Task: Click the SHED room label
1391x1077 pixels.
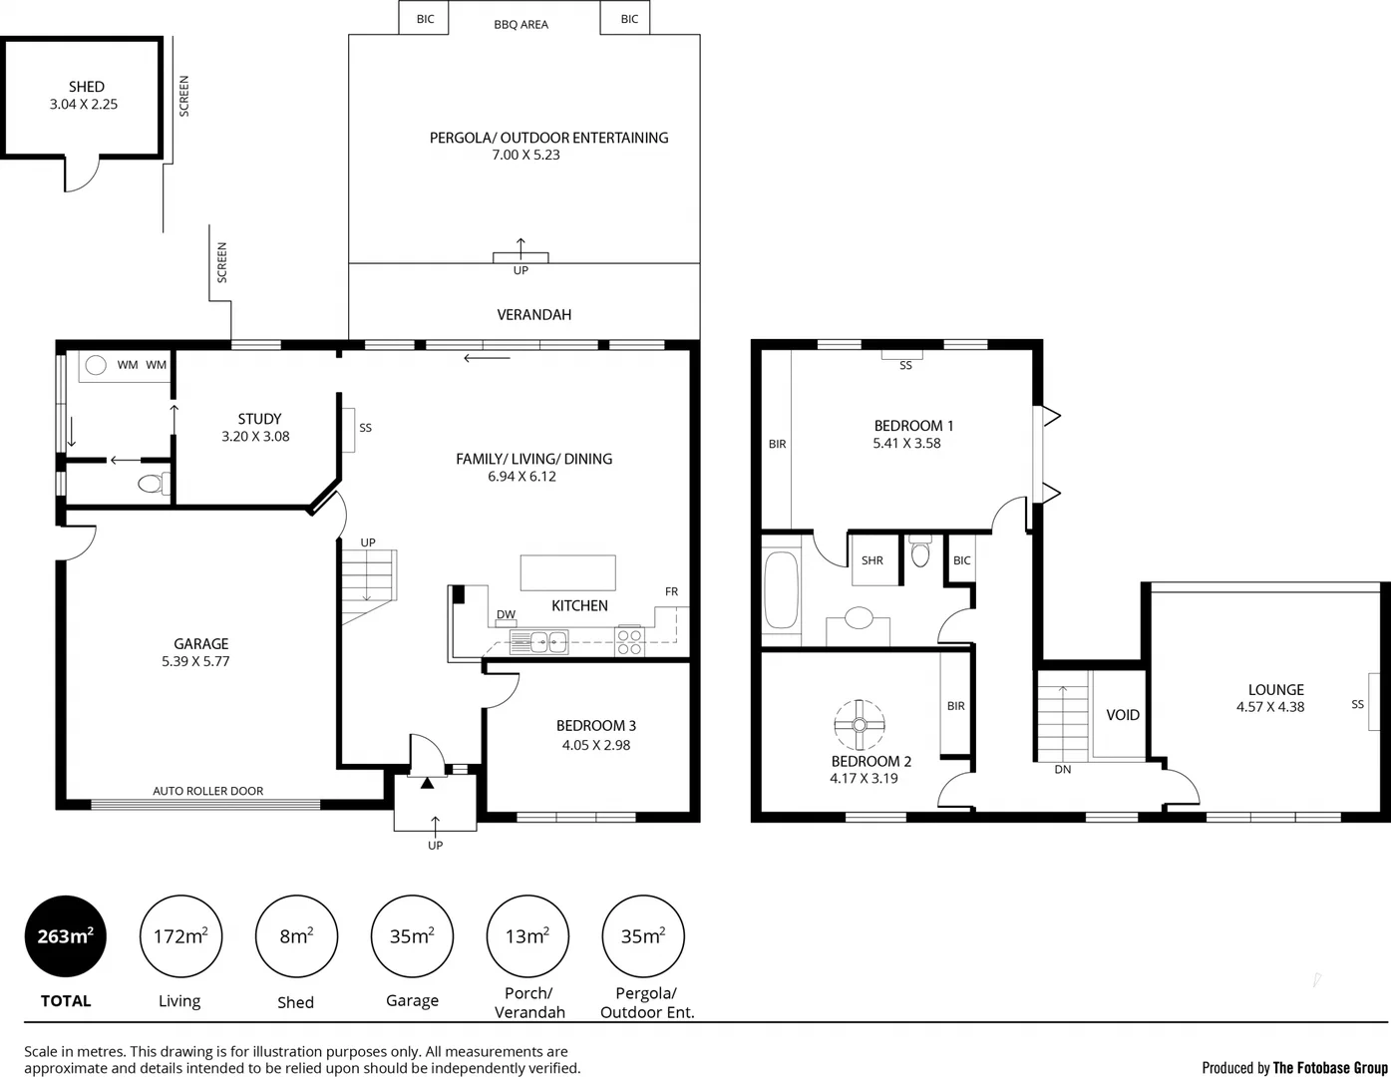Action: pos(87,87)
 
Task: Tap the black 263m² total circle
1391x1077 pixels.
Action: pos(65,936)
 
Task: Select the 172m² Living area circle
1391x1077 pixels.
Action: pos(180,936)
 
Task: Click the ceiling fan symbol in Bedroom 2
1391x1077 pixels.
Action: pos(859,725)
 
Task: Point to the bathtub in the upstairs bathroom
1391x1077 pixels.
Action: pos(781,590)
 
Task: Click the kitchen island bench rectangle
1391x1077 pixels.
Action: pos(567,573)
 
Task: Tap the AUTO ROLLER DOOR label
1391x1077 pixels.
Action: pos(208,791)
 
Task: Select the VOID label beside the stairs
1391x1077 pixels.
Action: pos(1123,715)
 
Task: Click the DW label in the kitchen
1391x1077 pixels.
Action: pos(506,614)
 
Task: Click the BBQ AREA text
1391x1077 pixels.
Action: pos(521,25)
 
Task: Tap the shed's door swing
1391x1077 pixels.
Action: pos(82,175)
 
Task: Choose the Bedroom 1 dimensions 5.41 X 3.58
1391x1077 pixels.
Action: pos(906,444)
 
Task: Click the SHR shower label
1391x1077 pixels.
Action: pos(872,560)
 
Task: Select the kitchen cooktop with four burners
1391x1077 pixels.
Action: pos(629,641)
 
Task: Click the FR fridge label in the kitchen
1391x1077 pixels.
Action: pos(671,591)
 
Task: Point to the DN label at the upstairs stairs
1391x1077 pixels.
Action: pos(1063,770)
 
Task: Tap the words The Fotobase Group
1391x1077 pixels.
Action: pos(1329,1067)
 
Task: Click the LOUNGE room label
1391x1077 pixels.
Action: pos(1275,689)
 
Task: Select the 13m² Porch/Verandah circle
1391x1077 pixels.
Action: pos(527,936)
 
